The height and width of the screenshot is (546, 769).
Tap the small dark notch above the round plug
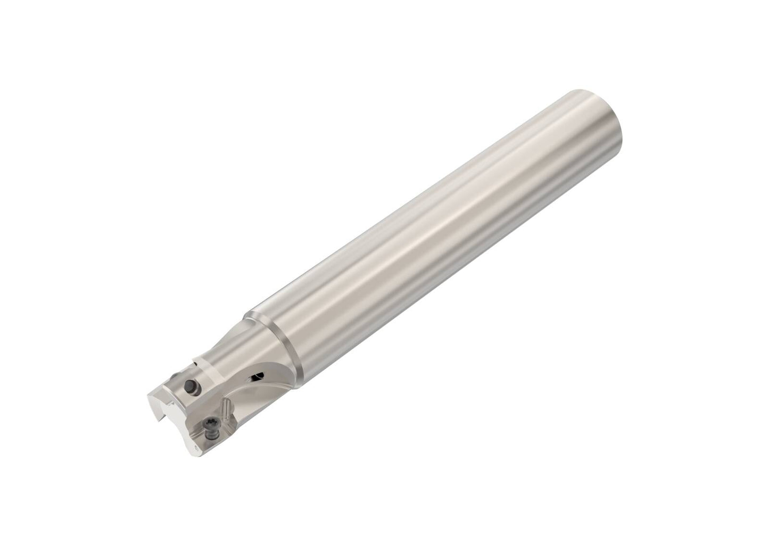pos(195,363)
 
